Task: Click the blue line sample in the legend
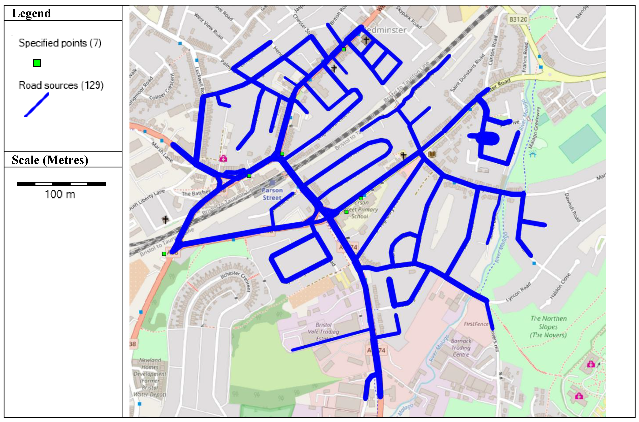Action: (x=37, y=105)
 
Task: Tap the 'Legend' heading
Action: (x=32, y=13)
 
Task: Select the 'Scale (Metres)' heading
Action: (x=50, y=160)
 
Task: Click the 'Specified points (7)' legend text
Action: (x=60, y=43)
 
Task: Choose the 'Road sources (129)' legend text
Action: (x=61, y=85)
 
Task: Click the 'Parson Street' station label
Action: (x=272, y=194)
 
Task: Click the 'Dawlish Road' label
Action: (x=572, y=207)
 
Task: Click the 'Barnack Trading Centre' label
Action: (x=461, y=348)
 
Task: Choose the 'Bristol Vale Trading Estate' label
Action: (x=323, y=332)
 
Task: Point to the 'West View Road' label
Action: (x=209, y=26)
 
